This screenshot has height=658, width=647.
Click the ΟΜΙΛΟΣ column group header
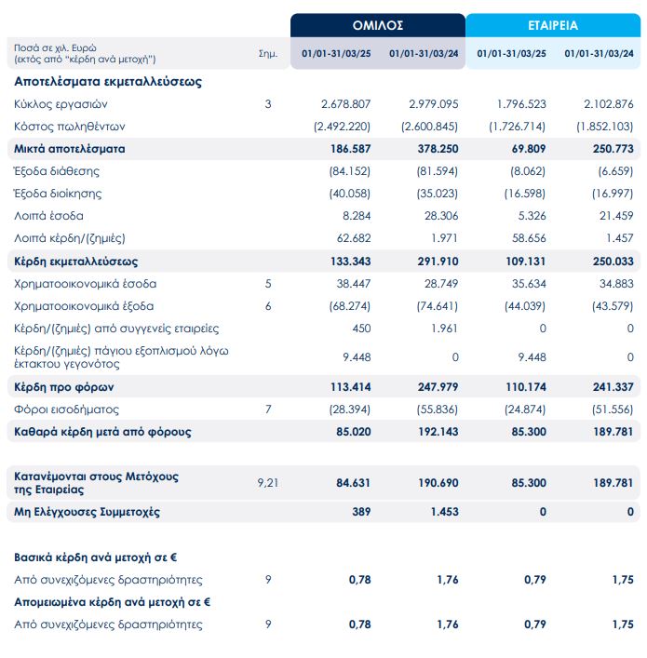point(377,25)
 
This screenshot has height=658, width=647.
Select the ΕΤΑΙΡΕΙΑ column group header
point(554,25)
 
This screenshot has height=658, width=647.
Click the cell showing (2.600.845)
point(430,126)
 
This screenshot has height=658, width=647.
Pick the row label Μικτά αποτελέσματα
point(70,148)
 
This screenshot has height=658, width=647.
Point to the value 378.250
point(436,148)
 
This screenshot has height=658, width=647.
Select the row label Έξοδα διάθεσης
point(57,171)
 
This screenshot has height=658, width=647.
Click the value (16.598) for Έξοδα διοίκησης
point(524,194)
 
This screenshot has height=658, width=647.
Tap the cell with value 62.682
point(353,238)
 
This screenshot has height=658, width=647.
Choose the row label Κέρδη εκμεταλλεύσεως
point(75,262)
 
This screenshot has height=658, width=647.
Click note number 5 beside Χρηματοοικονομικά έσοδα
point(267,283)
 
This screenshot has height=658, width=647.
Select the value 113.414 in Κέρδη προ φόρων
point(350,386)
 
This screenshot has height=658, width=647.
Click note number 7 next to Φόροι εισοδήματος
point(267,409)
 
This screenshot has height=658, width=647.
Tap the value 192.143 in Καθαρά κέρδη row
point(436,431)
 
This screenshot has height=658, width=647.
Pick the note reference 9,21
point(267,482)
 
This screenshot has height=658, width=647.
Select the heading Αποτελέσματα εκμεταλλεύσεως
point(108,81)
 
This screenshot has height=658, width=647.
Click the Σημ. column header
point(267,53)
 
